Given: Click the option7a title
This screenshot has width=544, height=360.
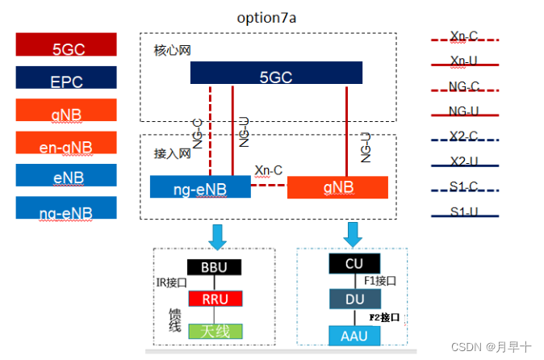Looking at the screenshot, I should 271,18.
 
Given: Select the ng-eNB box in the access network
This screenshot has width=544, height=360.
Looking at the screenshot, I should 199,187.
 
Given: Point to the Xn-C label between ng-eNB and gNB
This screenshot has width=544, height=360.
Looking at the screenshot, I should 268,170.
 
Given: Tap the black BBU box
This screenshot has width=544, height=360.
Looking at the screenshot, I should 214,266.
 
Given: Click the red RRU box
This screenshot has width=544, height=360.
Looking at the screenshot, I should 214,299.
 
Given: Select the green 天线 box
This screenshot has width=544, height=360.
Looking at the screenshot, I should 214,331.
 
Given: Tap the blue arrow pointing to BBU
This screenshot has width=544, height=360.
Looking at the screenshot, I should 217,236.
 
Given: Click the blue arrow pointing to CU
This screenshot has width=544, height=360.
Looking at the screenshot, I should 353,234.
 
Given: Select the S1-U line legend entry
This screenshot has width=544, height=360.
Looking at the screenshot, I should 463,214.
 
